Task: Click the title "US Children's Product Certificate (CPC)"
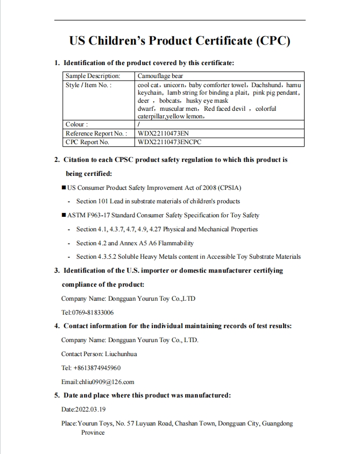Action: click(180, 41)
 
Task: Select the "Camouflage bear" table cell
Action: click(160, 76)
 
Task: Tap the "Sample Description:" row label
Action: click(93, 76)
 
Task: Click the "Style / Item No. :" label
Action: click(88, 85)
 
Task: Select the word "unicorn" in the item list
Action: click(173, 85)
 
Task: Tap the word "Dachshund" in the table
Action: click(266, 85)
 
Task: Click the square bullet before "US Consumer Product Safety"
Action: click(63, 188)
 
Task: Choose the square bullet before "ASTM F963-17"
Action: click(63, 216)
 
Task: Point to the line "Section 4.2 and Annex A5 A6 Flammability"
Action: click(135, 243)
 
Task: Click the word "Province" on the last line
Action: click(93, 432)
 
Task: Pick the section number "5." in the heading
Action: click(57, 395)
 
